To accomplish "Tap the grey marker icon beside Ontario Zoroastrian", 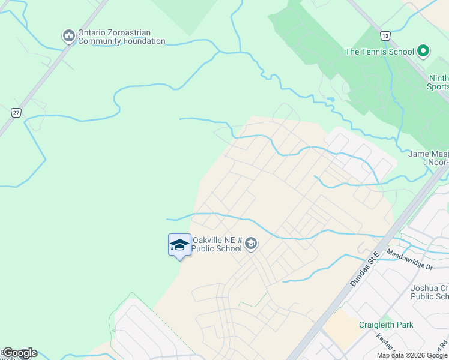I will [68, 37].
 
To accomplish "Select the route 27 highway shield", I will [17, 112].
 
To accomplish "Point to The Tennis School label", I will [379, 52].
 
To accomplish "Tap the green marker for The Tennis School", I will [423, 52].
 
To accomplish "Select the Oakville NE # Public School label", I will [217, 245].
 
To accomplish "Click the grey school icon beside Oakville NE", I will [251, 244].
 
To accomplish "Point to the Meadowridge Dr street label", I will [411, 259].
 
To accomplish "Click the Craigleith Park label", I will [386, 325].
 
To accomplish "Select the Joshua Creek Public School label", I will [430, 292].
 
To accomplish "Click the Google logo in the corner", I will [19, 353].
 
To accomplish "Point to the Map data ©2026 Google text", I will [412, 355].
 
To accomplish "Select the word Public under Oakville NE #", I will [205, 249].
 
